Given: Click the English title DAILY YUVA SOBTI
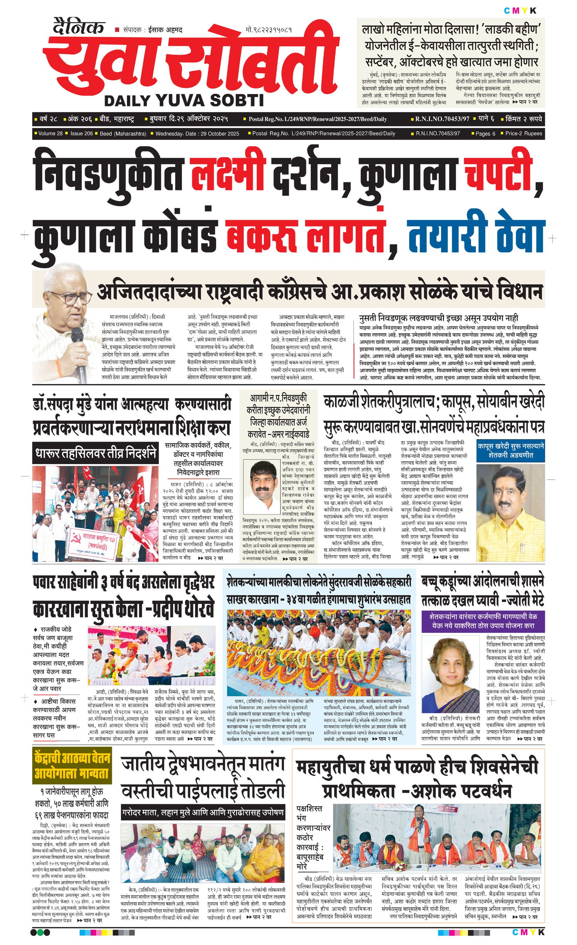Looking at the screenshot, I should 184,100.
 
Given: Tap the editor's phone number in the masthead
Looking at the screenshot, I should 269,29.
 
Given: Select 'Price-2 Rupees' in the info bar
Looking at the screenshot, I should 523,133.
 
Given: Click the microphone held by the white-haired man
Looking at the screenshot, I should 79,355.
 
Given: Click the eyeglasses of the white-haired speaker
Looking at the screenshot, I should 69,298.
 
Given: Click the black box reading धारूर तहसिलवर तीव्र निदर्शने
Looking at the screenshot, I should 95,453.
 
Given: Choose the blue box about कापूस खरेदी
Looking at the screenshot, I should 510,451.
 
